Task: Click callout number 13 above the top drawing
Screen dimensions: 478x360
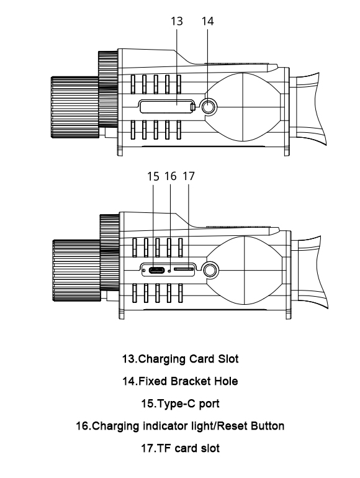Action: [x=177, y=20]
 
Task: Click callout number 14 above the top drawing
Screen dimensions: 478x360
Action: [x=208, y=20]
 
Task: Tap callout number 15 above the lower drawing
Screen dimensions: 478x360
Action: [x=154, y=176]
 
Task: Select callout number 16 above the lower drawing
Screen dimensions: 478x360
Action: [x=171, y=176]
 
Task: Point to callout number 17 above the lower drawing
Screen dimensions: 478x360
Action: [x=189, y=176]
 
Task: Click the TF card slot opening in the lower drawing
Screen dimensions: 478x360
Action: [x=184, y=270]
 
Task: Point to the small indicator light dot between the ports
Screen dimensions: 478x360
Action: [x=169, y=271]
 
